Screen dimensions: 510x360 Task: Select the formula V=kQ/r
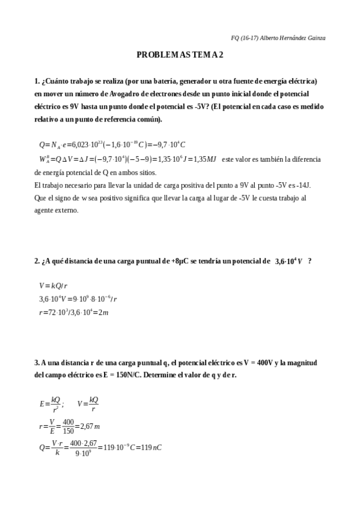pos(53,286)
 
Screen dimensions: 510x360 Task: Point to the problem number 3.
pos(36,363)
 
